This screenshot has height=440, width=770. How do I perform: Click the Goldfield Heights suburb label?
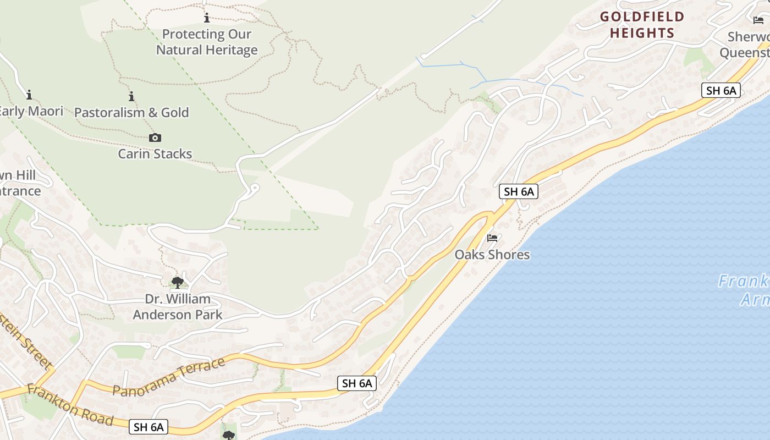point(642,25)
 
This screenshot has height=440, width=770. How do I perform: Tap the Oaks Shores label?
point(492,255)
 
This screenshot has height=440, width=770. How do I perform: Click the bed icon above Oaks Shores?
point(492,238)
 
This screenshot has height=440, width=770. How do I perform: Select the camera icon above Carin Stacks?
point(155,137)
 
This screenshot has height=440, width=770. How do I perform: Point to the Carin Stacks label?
point(155,153)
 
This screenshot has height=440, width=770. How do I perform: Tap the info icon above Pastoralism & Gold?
point(131,97)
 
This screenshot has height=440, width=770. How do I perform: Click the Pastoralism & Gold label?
point(131,113)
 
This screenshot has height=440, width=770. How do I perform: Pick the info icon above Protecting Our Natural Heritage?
point(207,18)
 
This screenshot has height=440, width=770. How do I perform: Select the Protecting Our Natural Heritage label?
point(207,42)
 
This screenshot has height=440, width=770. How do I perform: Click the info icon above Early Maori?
point(29,95)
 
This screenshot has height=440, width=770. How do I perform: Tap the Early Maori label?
point(32,111)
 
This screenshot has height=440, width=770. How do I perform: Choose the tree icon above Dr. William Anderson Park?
point(177,283)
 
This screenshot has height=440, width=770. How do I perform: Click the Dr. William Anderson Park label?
point(178,307)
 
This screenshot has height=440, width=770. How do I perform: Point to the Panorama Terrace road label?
point(169,377)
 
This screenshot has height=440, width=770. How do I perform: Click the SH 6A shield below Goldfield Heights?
point(721,91)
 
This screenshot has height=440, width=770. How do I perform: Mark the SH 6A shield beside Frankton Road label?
point(148,427)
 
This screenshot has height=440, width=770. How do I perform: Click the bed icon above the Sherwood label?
point(758,20)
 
